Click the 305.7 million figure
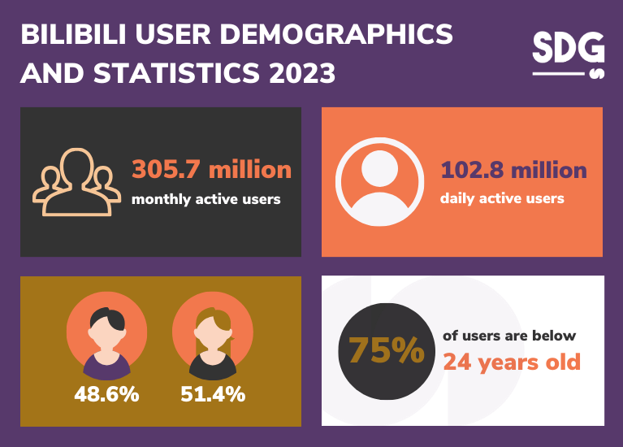211,169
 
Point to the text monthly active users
206,198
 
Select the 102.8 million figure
513,170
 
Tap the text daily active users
502,197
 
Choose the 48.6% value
106,395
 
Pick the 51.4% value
213,395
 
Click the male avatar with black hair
107,333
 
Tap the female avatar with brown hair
213,333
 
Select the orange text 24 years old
512,361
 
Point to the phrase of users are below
509,336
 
